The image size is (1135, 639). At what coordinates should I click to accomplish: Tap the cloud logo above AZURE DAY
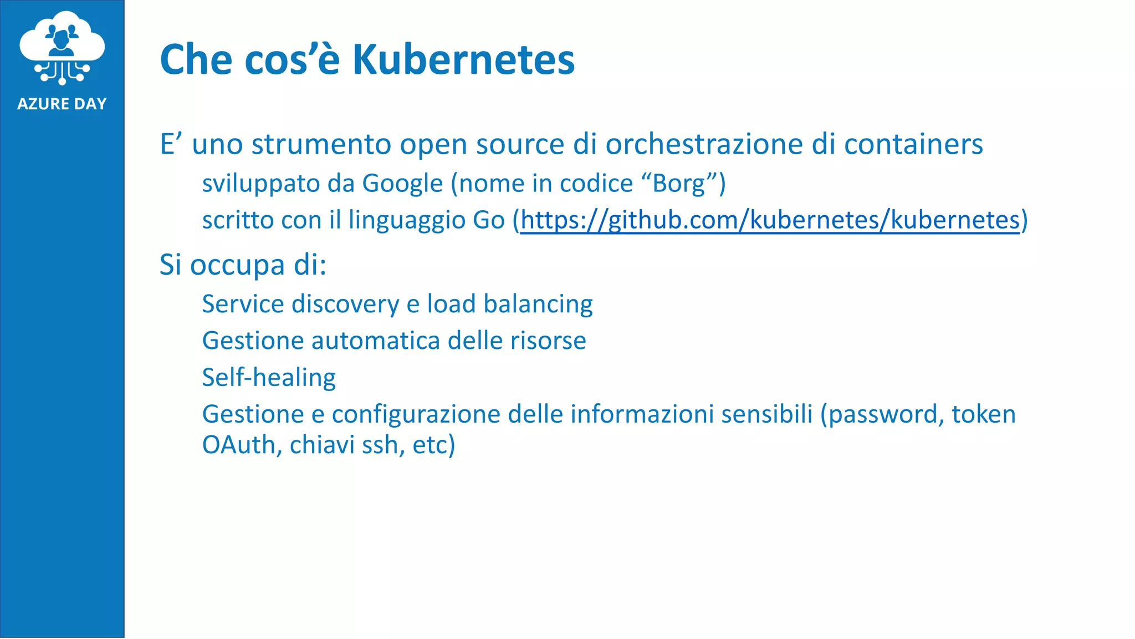pos(62,47)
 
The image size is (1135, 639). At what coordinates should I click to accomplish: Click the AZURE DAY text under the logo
pos(62,104)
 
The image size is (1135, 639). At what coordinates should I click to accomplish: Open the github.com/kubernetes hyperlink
pos(769,220)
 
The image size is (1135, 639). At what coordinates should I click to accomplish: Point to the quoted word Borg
pos(678,184)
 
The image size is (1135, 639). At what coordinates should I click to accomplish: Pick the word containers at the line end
pos(913,144)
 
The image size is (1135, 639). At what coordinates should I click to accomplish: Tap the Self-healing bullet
pos(269,378)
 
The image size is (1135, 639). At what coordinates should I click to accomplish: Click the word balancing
pos(538,304)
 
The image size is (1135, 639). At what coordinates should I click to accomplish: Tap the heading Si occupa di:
pos(243,265)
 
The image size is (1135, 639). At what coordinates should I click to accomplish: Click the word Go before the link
pos(488,220)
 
